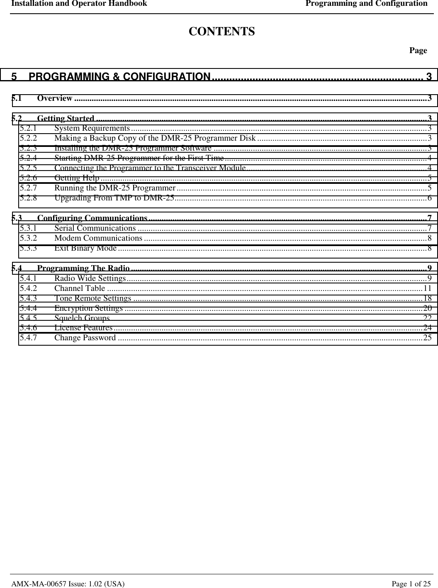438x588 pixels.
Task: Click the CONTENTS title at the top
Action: [x=222, y=32]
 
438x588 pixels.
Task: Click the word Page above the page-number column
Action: [x=418, y=51]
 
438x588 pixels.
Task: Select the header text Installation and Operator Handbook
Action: [x=79, y=4]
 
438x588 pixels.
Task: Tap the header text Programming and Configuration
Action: [x=366, y=4]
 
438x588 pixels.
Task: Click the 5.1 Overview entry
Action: [x=55, y=98]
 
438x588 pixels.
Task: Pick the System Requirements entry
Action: [x=92, y=128]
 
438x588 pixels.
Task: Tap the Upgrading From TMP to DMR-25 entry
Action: [x=114, y=198]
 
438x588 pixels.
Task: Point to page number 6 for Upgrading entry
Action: [x=430, y=198]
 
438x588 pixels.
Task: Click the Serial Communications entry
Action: [x=95, y=228]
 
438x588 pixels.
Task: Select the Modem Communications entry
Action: [x=98, y=238]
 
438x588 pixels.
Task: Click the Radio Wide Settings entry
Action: [x=90, y=278]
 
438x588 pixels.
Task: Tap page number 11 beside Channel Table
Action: [x=427, y=288]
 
